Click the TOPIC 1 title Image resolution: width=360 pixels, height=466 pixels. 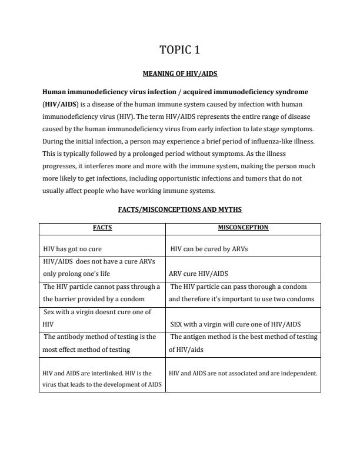tap(180, 50)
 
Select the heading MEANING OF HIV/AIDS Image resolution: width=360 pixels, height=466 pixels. tap(180, 74)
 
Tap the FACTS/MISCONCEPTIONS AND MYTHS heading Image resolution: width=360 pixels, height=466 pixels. tap(180, 209)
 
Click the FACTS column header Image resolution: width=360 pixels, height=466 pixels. tap(102, 227)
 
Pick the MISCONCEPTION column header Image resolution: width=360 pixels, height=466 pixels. tap(243, 227)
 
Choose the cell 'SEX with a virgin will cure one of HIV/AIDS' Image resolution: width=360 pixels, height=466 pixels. tap(235, 324)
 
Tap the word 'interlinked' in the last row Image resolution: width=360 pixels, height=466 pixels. tap(110, 374)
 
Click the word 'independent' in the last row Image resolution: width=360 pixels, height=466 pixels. tap(299, 374)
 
